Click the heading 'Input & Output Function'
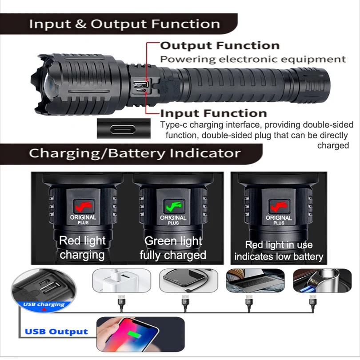tap(124, 24)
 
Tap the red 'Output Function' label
tap(220, 46)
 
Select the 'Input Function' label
tap(213, 113)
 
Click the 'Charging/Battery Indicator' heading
tap(135, 154)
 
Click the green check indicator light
tap(173, 206)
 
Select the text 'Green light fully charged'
tap(173, 248)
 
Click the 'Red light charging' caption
tap(82, 248)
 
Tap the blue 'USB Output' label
tap(56, 332)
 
